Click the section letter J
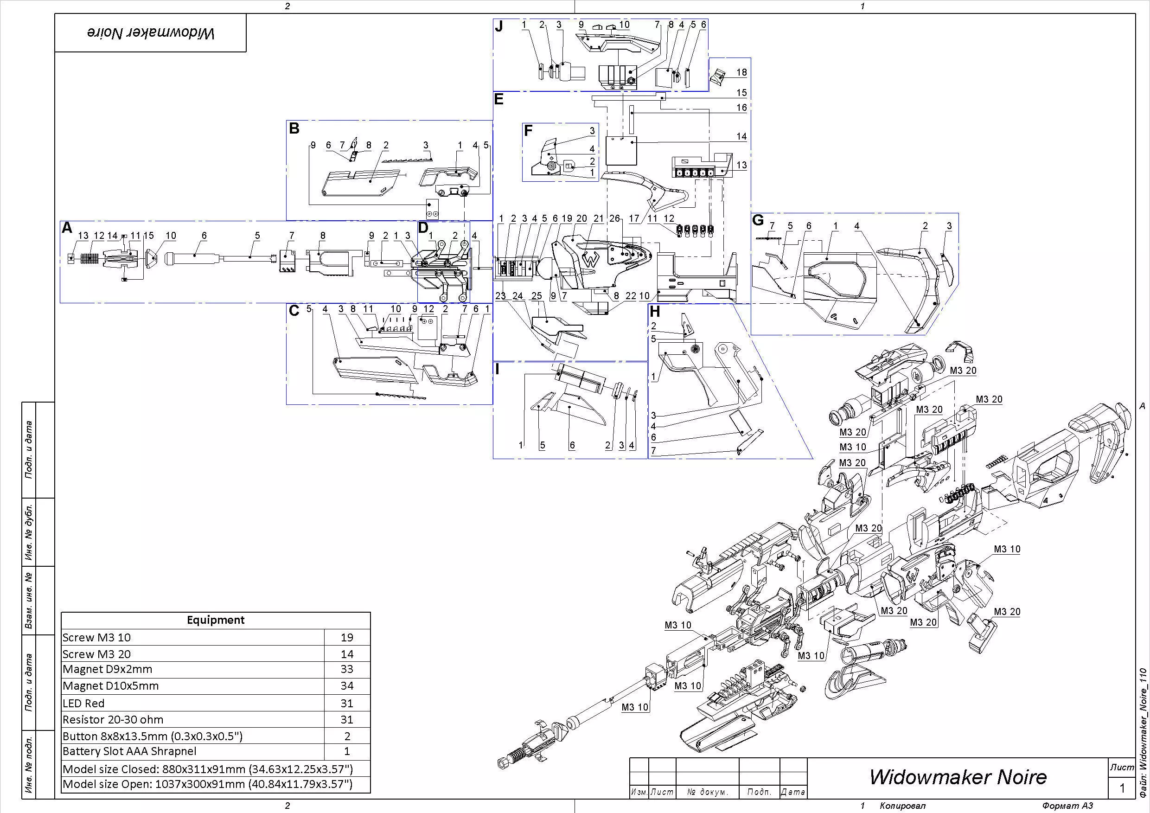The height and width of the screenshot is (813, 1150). coord(499,26)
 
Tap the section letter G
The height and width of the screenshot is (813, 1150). coord(758,220)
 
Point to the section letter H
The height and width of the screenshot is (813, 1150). coord(655,312)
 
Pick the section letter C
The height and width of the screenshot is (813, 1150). coord(294,311)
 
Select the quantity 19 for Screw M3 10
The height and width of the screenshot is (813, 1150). coord(346,638)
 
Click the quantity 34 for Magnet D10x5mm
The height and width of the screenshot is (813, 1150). coord(346,686)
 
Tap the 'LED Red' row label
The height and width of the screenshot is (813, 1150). coord(83,703)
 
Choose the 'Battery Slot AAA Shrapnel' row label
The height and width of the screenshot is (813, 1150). coord(129,751)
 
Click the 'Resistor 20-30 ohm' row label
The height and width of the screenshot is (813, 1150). coord(113,720)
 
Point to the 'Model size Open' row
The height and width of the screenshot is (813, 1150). coord(207,784)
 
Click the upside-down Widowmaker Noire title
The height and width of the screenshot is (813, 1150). coord(151,33)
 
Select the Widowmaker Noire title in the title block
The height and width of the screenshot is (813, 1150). coord(958,777)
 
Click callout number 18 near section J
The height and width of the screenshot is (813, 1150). coord(741,72)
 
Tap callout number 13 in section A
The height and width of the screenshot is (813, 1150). coord(83,236)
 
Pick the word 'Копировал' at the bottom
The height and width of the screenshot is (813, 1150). coord(903,806)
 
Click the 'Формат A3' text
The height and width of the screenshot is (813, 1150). coord(1067,806)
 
